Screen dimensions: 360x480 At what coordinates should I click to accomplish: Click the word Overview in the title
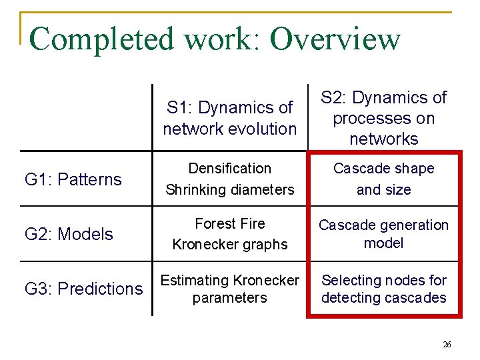(x=335, y=39)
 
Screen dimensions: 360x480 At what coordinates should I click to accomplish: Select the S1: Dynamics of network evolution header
(x=230, y=118)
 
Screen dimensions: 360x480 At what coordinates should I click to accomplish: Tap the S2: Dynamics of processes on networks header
(x=384, y=118)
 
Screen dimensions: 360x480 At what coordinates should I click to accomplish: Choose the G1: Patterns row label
(x=73, y=179)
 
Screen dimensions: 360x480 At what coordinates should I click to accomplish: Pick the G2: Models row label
(x=69, y=234)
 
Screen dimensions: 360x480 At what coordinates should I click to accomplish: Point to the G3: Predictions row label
(x=84, y=289)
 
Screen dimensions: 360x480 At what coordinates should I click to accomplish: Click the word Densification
(x=230, y=169)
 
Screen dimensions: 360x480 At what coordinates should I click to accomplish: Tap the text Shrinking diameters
(x=230, y=189)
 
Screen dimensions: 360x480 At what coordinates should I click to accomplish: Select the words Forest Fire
(x=230, y=224)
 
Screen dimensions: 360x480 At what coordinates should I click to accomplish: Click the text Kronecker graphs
(x=230, y=245)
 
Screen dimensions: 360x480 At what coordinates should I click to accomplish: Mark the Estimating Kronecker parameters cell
(x=230, y=289)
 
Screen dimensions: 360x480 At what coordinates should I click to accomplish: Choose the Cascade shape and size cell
(x=384, y=179)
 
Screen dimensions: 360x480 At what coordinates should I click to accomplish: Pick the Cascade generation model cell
(x=384, y=234)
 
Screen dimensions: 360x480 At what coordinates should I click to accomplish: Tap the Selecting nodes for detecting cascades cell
(x=384, y=289)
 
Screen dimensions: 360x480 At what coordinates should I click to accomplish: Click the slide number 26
(x=447, y=345)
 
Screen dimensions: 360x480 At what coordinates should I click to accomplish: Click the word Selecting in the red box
(x=350, y=281)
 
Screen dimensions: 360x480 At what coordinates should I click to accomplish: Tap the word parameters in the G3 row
(x=230, y=298)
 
